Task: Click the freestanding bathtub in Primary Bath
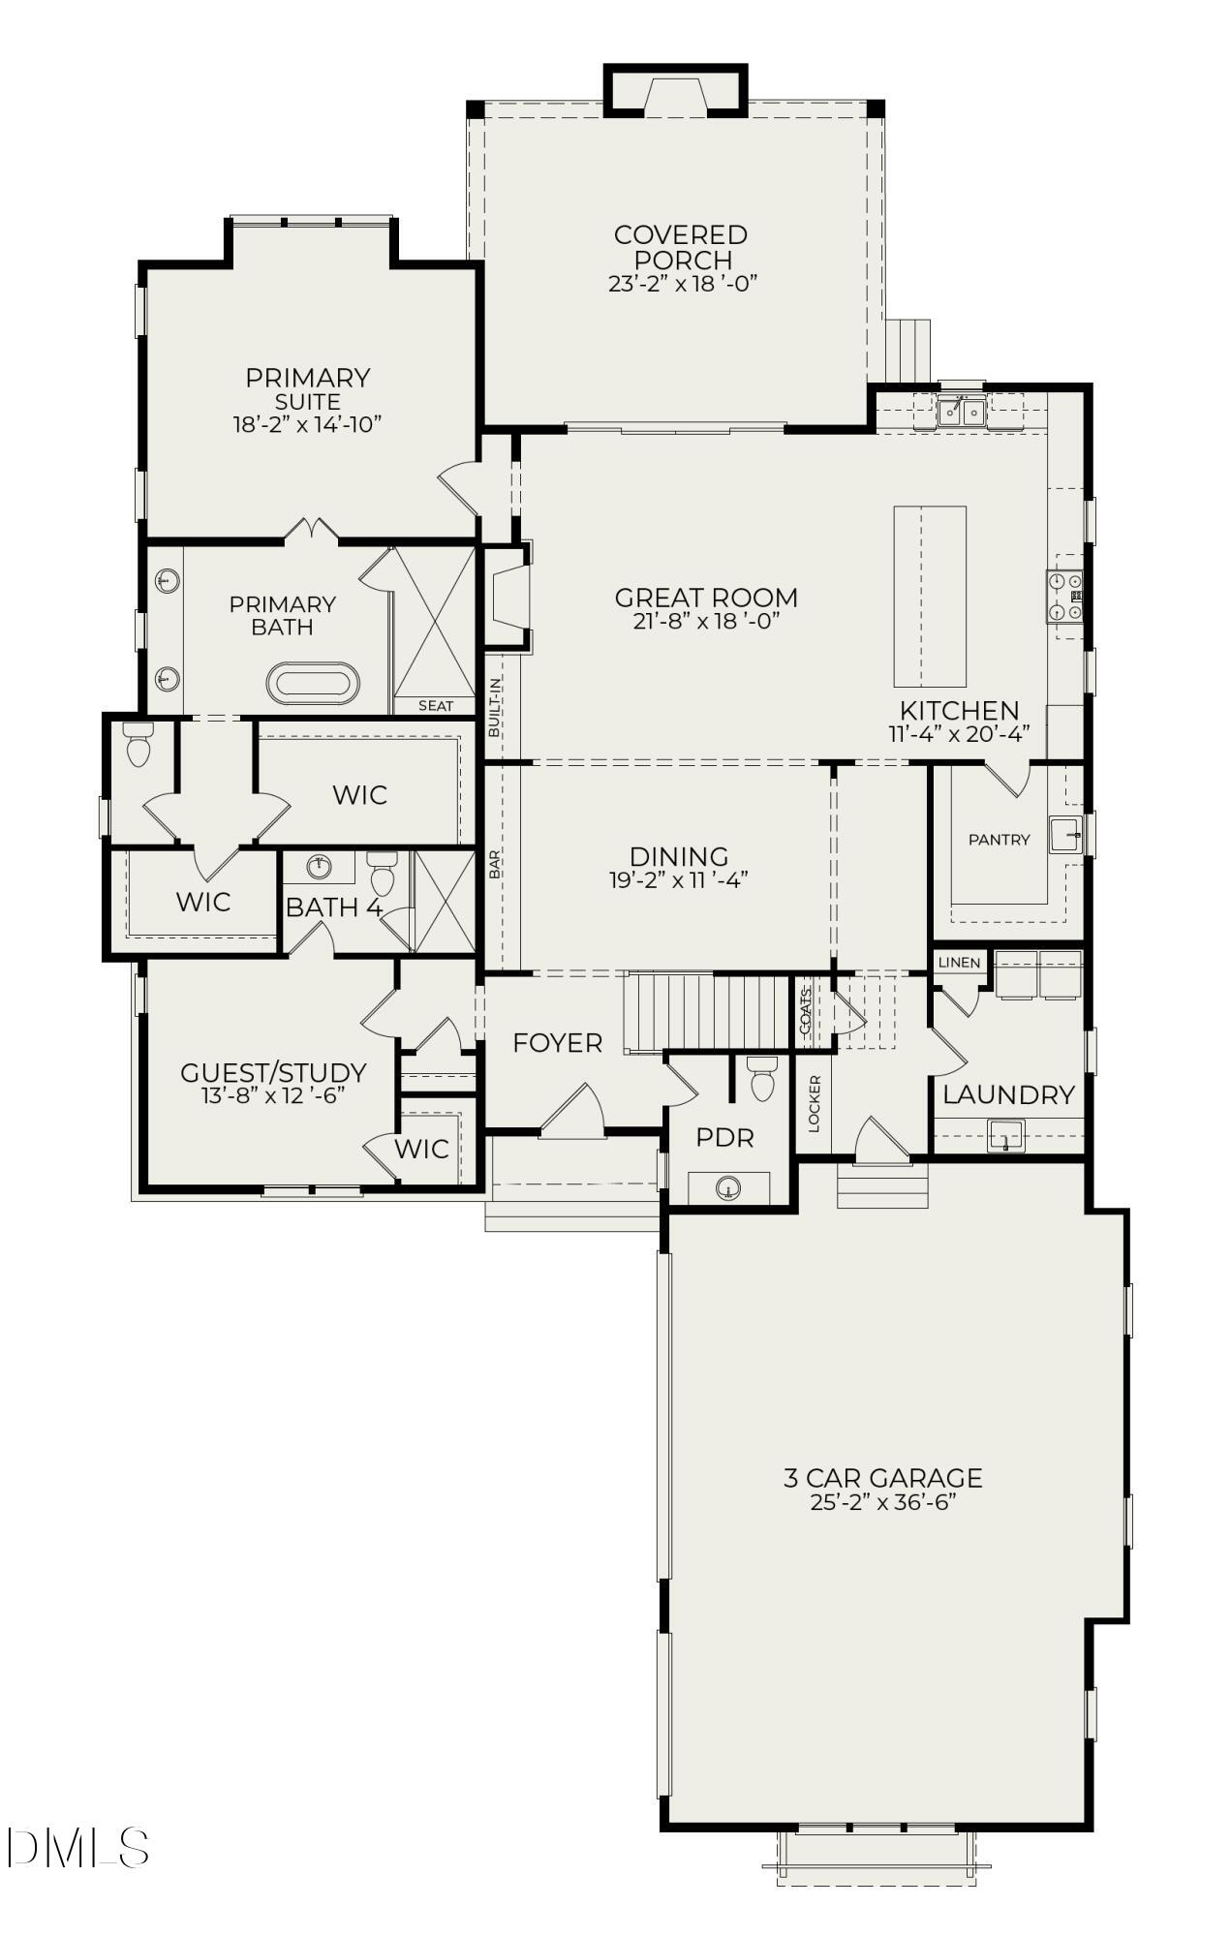coord(312,684)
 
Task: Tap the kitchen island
coord(929,595)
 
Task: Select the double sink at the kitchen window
coord(961,413)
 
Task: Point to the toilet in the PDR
coord(763,1080)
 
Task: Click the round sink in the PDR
coord(728,1188)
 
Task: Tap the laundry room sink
coord(1005,1135)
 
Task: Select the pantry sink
coord(1064,834)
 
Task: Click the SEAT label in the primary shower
coord(436,706)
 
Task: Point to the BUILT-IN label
coord(495,708)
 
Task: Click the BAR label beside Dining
coord(495,864)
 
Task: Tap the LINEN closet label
coord(959,963)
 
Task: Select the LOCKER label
coord(814,1103)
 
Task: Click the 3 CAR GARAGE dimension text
coord(882,1503)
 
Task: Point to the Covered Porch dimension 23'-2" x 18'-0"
coord(682,285)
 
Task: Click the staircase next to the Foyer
coord(706,1012)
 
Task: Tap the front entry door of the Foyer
coord(571,1112)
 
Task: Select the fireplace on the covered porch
coord(676,95)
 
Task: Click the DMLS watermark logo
coord(77,1848)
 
